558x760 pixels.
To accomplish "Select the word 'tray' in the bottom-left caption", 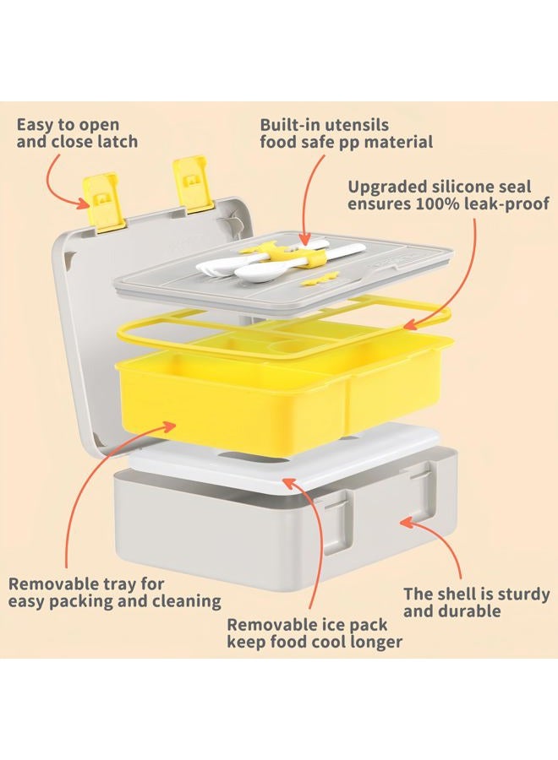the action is pyautogui.click(x=119, y=584).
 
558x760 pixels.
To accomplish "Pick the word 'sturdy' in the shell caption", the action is pyautogui.click(x=522, y=594).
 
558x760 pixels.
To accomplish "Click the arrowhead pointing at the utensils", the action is pyautogui.click(x=304, y=239).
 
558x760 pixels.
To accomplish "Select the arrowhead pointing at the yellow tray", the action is pyautogui.click(x=168, y=427).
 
